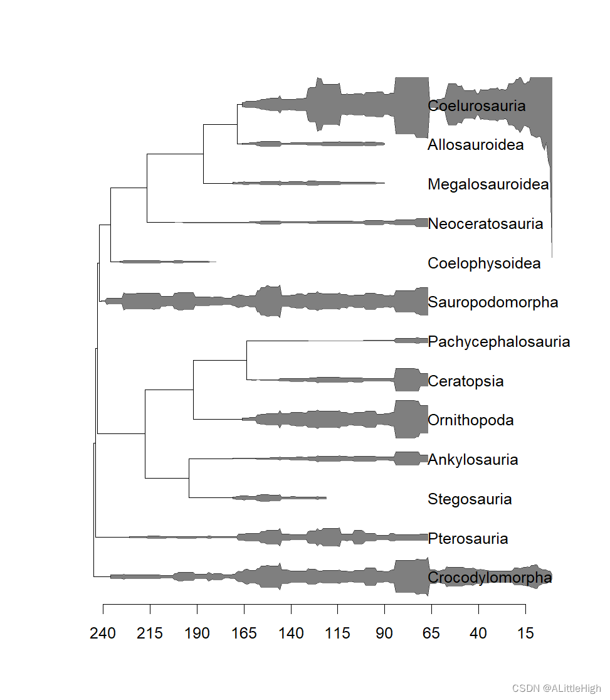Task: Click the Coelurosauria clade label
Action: click(476, 106)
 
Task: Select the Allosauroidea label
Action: click(475, 145)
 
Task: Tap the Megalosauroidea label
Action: click(488, 184)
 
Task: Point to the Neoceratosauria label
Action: click(485, 224)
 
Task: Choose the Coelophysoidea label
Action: click(483, 263)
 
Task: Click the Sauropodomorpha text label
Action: click(493, 302)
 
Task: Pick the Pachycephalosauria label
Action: click(498, 342)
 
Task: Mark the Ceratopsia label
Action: click(465, 381)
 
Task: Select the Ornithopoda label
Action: click(470, 420)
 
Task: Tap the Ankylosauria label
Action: click(473, 460)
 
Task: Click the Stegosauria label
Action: click(470, 499)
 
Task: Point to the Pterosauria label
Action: click(468, 539)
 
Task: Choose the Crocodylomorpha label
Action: click(490, 578)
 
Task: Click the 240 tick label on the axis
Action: click(103, 634)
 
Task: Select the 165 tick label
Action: click(244, 634)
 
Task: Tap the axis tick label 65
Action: click(431, 634)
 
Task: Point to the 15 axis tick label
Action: click(525, 634)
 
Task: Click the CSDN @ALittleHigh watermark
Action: click(556, 688)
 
